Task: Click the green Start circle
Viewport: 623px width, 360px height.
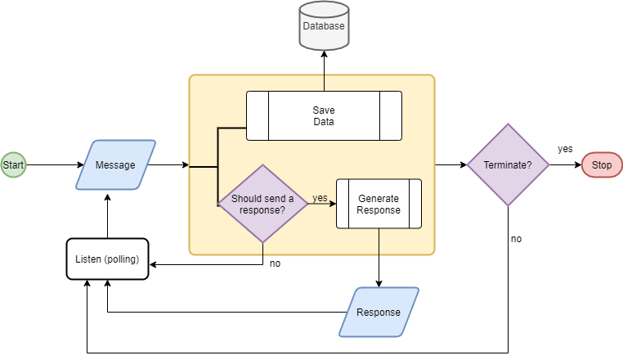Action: [x=13, y=165]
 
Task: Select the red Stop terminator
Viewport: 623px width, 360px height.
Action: [x=602, y=165]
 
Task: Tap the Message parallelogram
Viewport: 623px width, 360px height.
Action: [x=115, y=165]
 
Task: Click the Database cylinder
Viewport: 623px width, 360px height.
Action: [x=324, y=27]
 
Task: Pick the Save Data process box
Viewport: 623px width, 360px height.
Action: [x=324, y=115]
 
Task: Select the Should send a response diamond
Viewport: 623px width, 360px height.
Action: [x=262, y=204]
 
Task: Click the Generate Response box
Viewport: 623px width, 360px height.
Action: [x=379, y=204]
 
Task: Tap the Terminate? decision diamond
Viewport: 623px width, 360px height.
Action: [x=508, y=165]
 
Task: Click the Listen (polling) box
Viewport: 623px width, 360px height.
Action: [x=107, y=259]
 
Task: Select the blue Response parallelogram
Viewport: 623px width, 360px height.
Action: [x=379, y=312]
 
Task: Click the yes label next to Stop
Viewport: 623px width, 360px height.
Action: [x=565, y=149]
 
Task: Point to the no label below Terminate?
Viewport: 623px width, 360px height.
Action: [x=516, y=239]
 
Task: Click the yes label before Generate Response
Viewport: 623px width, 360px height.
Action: [x=320, y=198]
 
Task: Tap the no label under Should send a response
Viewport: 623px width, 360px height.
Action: [x=275, y=263]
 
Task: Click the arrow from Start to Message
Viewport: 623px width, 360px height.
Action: [x=51, y=165]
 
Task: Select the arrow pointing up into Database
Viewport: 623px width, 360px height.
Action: [x=324, y=70]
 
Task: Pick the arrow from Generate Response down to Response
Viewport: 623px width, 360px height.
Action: [x=379, y=258]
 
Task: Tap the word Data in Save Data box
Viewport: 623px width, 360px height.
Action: [x=324, y=122]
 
